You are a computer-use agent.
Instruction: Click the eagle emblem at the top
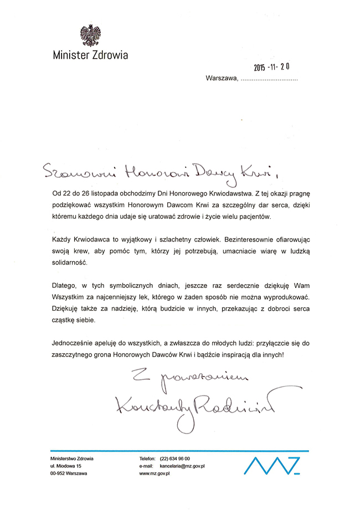[90, 35]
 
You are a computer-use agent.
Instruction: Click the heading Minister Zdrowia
[90, 55]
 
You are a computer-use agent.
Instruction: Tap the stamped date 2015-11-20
[272, 68]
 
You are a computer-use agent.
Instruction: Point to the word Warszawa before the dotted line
[221, 79]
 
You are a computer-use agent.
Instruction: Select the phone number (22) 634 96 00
[175, 459]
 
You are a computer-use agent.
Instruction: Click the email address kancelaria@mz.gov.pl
[183, 466]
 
